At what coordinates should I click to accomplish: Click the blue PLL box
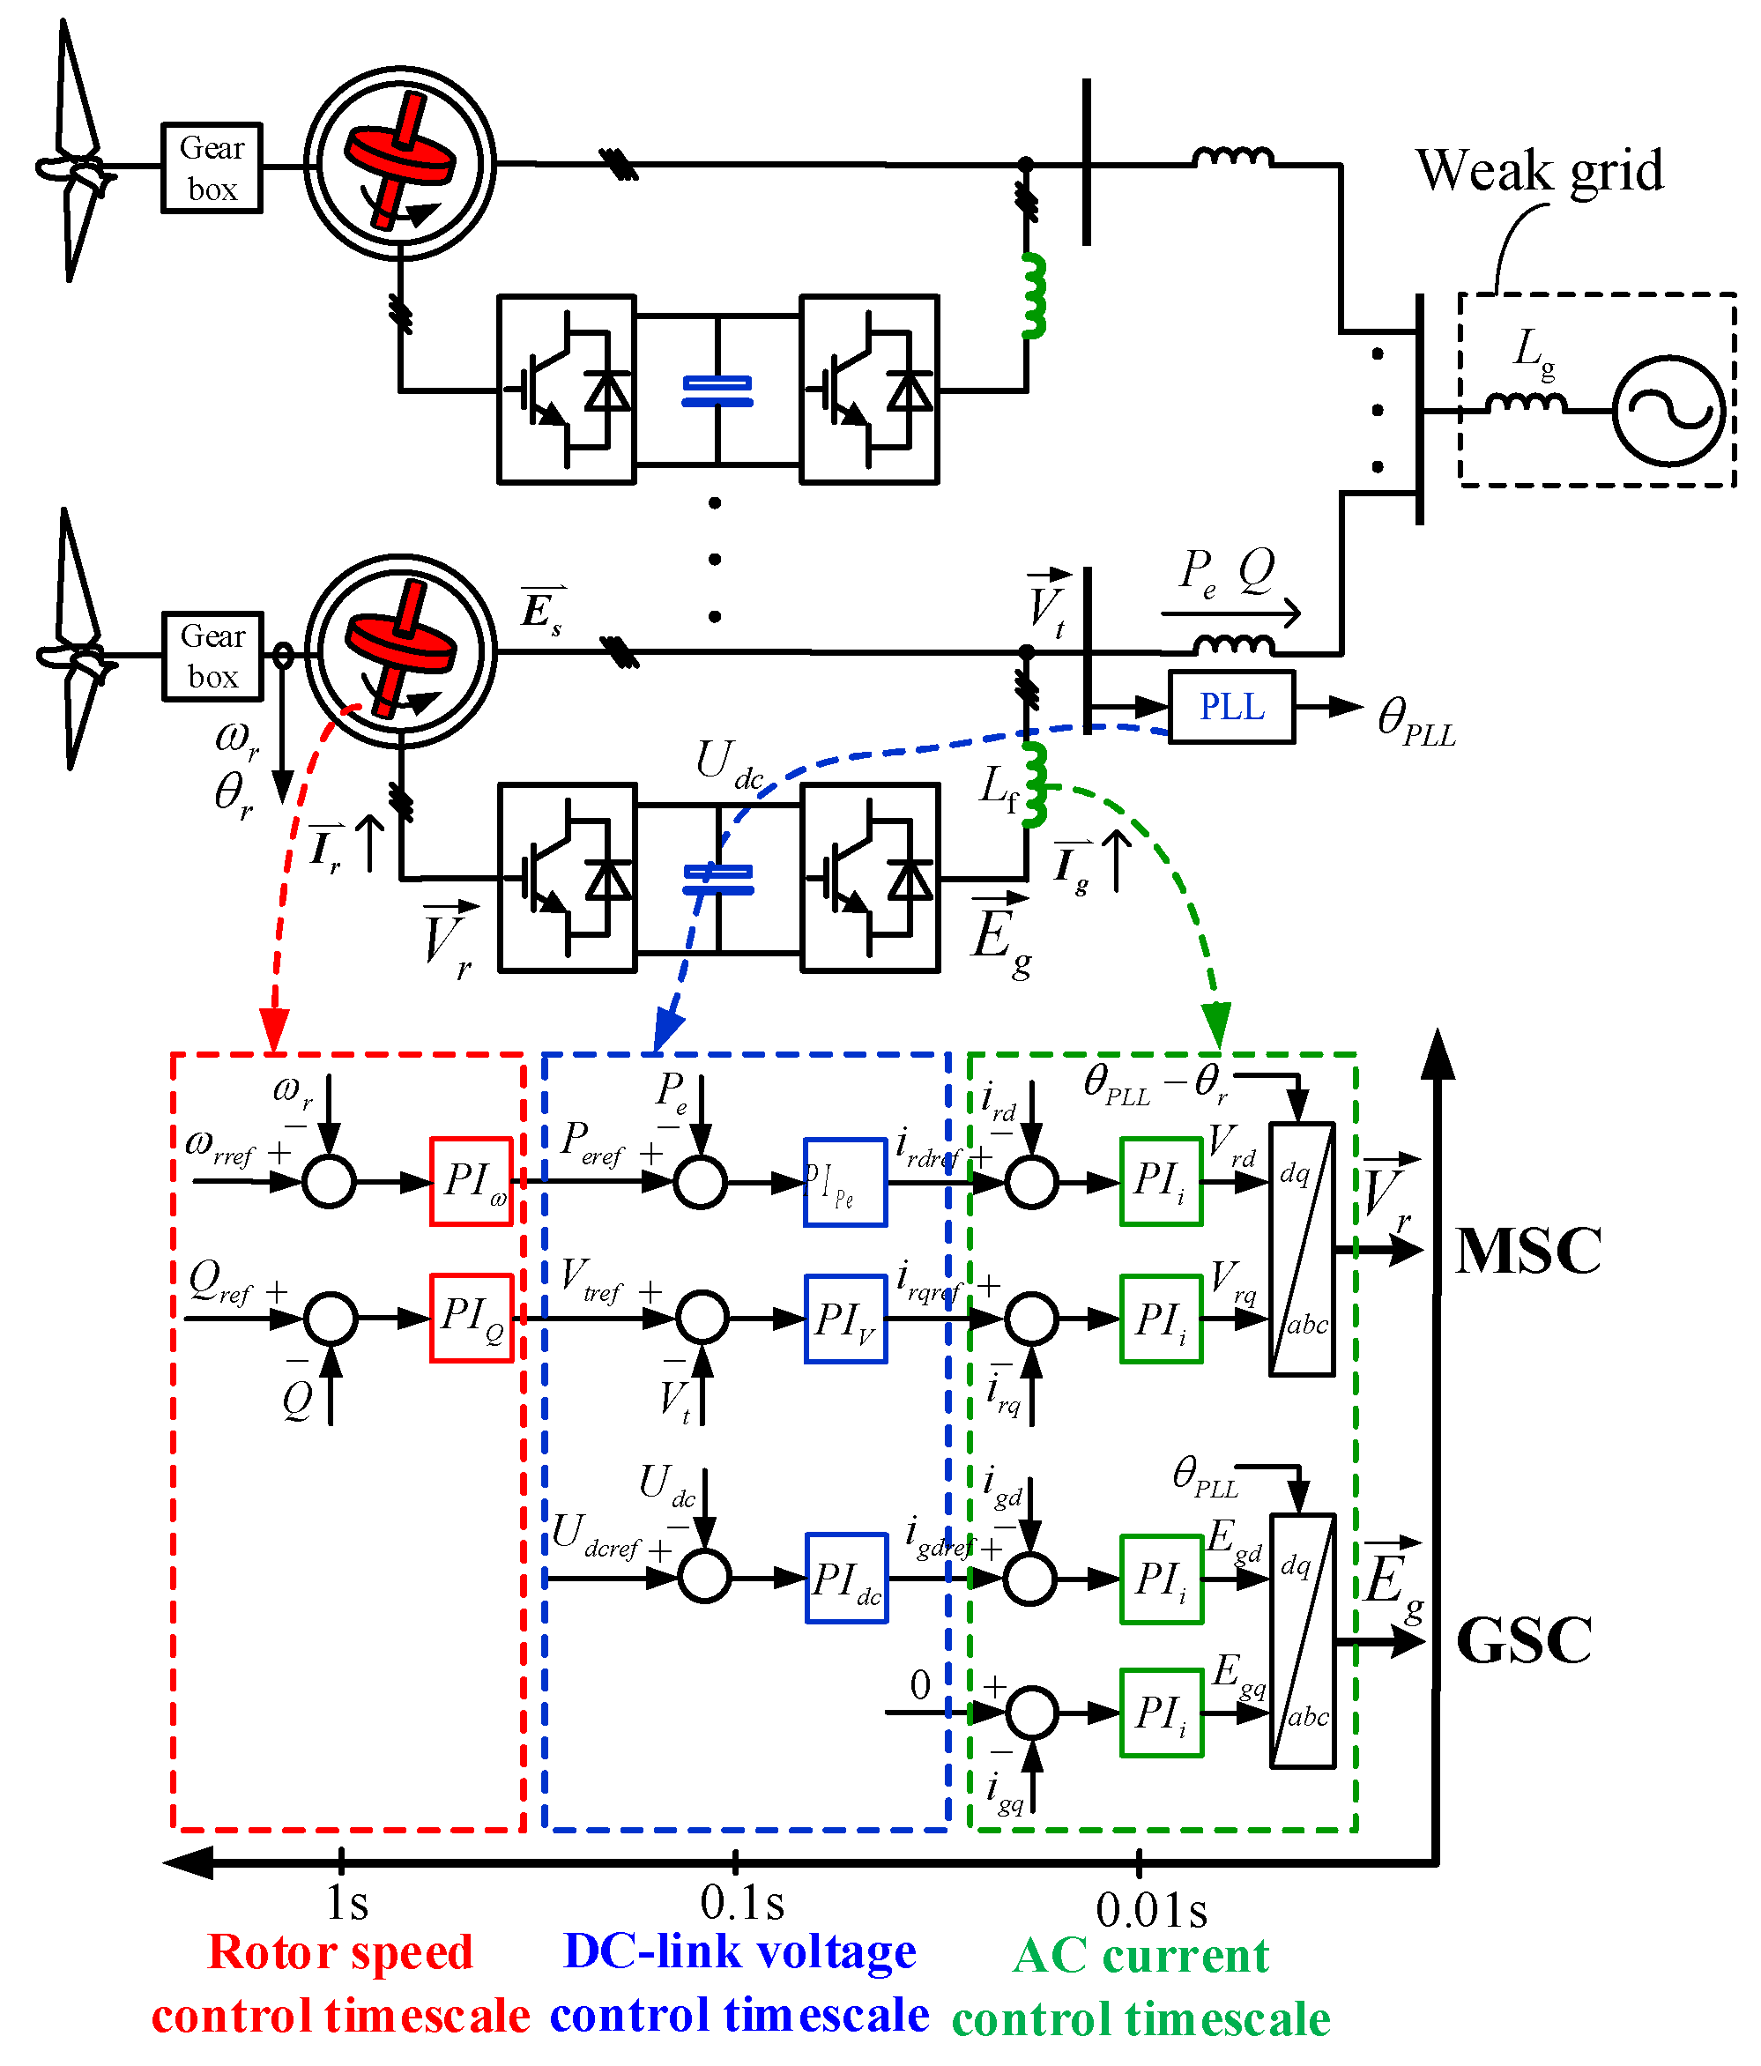coord(1230,707)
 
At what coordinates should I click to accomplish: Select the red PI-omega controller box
coord(471,1182)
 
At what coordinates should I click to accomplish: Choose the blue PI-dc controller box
coord(845,1579)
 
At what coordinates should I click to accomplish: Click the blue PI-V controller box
coord(845,1319)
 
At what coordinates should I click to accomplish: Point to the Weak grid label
coord(1539,169)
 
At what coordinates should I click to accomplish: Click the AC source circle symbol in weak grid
coord(1668,410)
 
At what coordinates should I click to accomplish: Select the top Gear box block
coord(212,167)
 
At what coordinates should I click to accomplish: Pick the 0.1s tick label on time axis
coord(742,1902)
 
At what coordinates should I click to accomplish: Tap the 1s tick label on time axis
coord(347,1902)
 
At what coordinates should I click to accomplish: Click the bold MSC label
coord(1527,1251)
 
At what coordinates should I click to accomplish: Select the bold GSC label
coord(1523,1640)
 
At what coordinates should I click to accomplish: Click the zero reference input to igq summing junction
coord(919,1685)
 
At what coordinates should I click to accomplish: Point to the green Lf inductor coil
coord(1035,784)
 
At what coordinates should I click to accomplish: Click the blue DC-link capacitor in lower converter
coord(717,879)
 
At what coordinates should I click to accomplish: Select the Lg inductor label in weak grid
coord(1533,352)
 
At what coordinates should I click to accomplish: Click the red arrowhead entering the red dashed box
coord(274,1030)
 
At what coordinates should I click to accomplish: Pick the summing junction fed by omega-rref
coord(329,1182)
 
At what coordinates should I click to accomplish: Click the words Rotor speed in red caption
coord(340,1952)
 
